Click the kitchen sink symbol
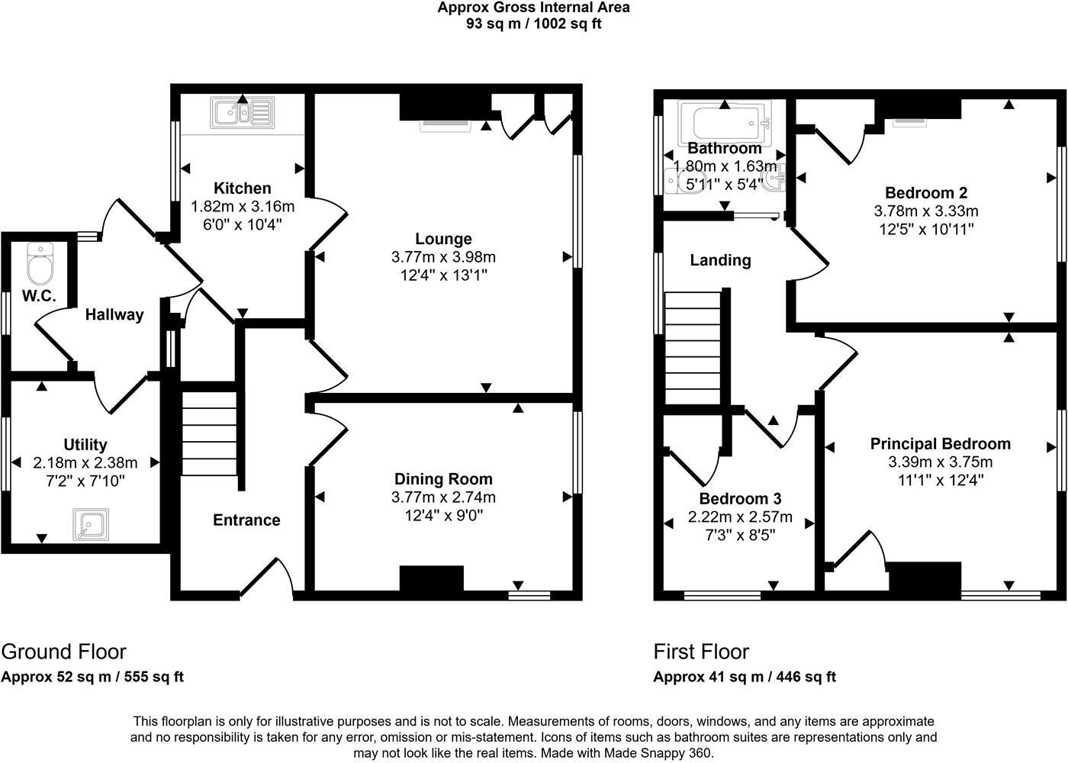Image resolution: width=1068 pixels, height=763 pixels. tap(243, 114)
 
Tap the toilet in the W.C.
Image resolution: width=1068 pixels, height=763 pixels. tap(38, 262)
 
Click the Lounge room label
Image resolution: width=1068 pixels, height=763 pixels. tap(443, 239)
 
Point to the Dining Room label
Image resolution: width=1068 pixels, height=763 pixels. tap(443, 479)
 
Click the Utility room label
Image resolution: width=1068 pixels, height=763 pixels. tap(85, 444)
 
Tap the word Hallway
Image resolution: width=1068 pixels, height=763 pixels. tap(114, 314)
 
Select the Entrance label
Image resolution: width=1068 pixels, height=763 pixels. tap(246, 520)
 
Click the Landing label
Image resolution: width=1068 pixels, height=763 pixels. tap(720, 260)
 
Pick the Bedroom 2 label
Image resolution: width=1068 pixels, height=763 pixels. tap(925, 193)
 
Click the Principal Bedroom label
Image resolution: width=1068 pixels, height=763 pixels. tap(940, 444)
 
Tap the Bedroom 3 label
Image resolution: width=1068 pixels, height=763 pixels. tap(740, 499)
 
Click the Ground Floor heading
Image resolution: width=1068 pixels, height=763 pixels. tap(63, 652)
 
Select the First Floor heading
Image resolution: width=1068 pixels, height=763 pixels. tap(701, 652)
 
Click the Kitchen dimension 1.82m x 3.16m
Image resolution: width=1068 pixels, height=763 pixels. tap(243, 206)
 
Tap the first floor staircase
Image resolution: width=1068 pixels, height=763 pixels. tap(693, 347)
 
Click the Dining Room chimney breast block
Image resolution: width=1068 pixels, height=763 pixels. tap(432, 578)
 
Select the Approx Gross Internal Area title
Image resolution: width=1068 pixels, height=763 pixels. tap(534, 8)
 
